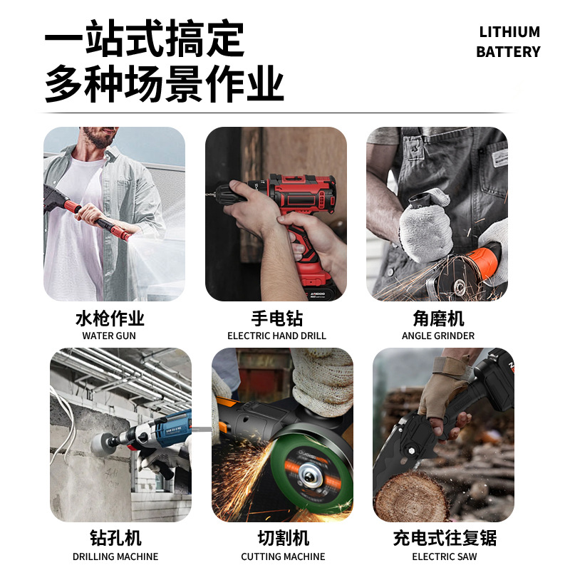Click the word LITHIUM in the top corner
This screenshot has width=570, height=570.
[x=509, y=32]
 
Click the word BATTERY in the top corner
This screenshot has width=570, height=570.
[x=508, y=52]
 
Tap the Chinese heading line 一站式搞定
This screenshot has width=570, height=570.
[x=144, y=39]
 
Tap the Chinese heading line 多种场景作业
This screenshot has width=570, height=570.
[x=165, y=84]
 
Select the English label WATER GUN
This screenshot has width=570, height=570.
[x=109, y=336]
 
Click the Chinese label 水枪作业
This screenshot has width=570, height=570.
[x=110, y=318]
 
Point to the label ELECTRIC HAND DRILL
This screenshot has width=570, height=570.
[x=276, y=336]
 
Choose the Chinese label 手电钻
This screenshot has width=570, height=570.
[x=276, y=318]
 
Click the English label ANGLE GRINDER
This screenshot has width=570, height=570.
[x=438, y=336]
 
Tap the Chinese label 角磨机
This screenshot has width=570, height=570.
[x=438, y=318]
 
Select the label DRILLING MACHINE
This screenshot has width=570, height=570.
[x=115, y=556]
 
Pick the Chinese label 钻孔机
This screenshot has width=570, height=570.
[x=115, y=538]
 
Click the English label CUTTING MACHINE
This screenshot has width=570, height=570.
[x=283, y=556]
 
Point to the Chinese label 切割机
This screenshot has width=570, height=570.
[x=283, y=538]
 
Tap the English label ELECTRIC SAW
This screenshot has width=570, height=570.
[x=445, y=556]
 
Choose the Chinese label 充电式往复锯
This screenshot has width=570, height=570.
[x=445, y=538]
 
